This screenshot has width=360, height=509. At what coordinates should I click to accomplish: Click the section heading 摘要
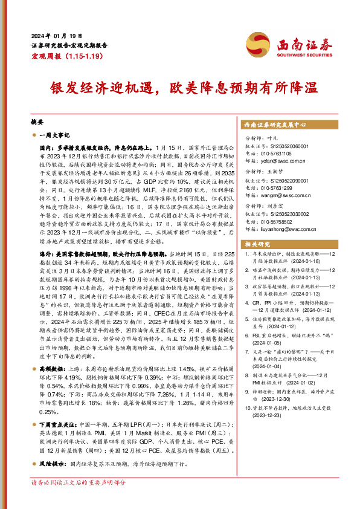pos(37,122)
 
